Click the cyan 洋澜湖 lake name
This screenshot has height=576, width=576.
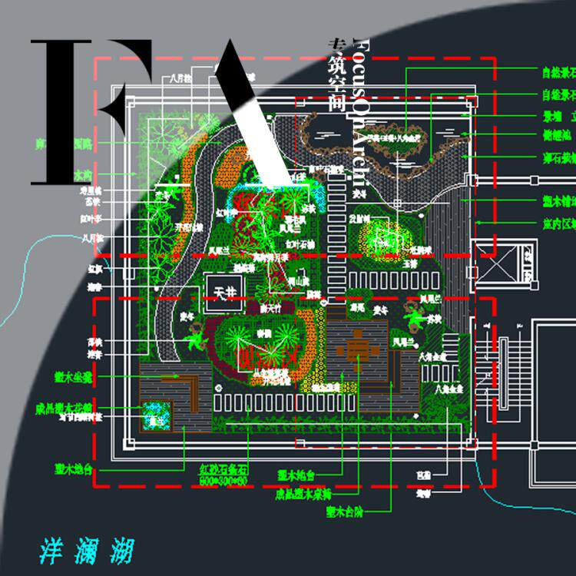tap(86, 551)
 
